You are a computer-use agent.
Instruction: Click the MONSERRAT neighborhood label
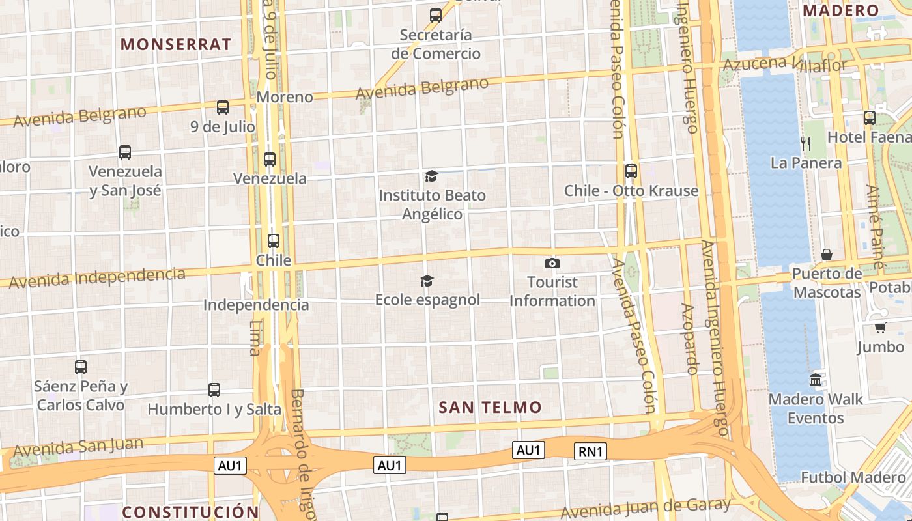pyautogui.click(x=176, y=44)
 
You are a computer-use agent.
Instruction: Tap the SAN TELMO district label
pyautogui.click(x=490, y=408)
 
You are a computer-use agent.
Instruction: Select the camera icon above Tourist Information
pyautogui.click(x=552, y=263)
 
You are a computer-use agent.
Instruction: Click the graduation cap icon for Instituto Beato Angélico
pyautogui.click(x=431, y=176)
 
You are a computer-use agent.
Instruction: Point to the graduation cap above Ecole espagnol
pyautogui.click(x=427, y=281)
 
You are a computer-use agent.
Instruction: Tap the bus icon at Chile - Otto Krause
pyautogui.click(x=631, y=171)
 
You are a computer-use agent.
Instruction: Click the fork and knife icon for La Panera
pyautogui.click(x=806, y=143)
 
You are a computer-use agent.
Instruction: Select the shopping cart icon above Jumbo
pyautogui.click(x=881, y=328)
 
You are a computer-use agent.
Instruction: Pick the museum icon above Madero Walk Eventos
pyautogui.click(x=816, y=380)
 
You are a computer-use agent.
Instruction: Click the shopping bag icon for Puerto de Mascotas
pyautogui.click(x=827, y=254)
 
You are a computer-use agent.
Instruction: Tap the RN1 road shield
pyautogui.click(x=590, y=451)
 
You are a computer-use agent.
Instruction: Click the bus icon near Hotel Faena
pyautogui.click(x=870, y=118)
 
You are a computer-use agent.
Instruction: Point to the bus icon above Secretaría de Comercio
pyautogui.click(x=436, y=15)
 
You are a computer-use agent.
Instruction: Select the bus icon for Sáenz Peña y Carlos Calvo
pyautogui.click(x=81, y=367)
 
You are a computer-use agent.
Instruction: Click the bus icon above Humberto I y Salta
pyautogui.click(x=214, y=390)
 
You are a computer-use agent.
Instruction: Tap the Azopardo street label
pyautogui.click(x=690, y=339)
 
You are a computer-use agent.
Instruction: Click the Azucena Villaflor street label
pyautogui.click(x=785, y=64)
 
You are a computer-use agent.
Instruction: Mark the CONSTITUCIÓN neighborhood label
pyautogui.click(x=190, y=512)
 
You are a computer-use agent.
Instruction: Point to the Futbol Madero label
pyautogui.click(x=853, y=477)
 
